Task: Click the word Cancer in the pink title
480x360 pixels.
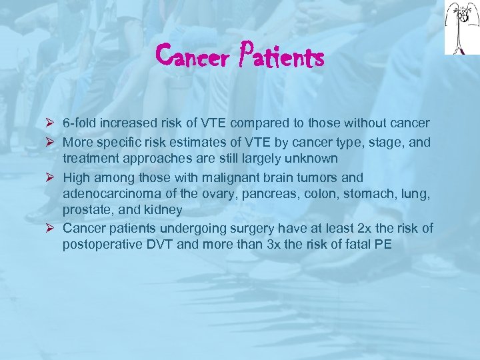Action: tap(193, 58)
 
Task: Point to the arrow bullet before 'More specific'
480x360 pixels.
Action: tap(52, 143)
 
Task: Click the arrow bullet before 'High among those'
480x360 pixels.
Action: tap(52, 178)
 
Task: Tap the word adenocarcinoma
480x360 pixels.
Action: tap(107, 194)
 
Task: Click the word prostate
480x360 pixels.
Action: tap(85, 211)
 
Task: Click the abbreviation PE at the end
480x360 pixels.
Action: tap(383, 245)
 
